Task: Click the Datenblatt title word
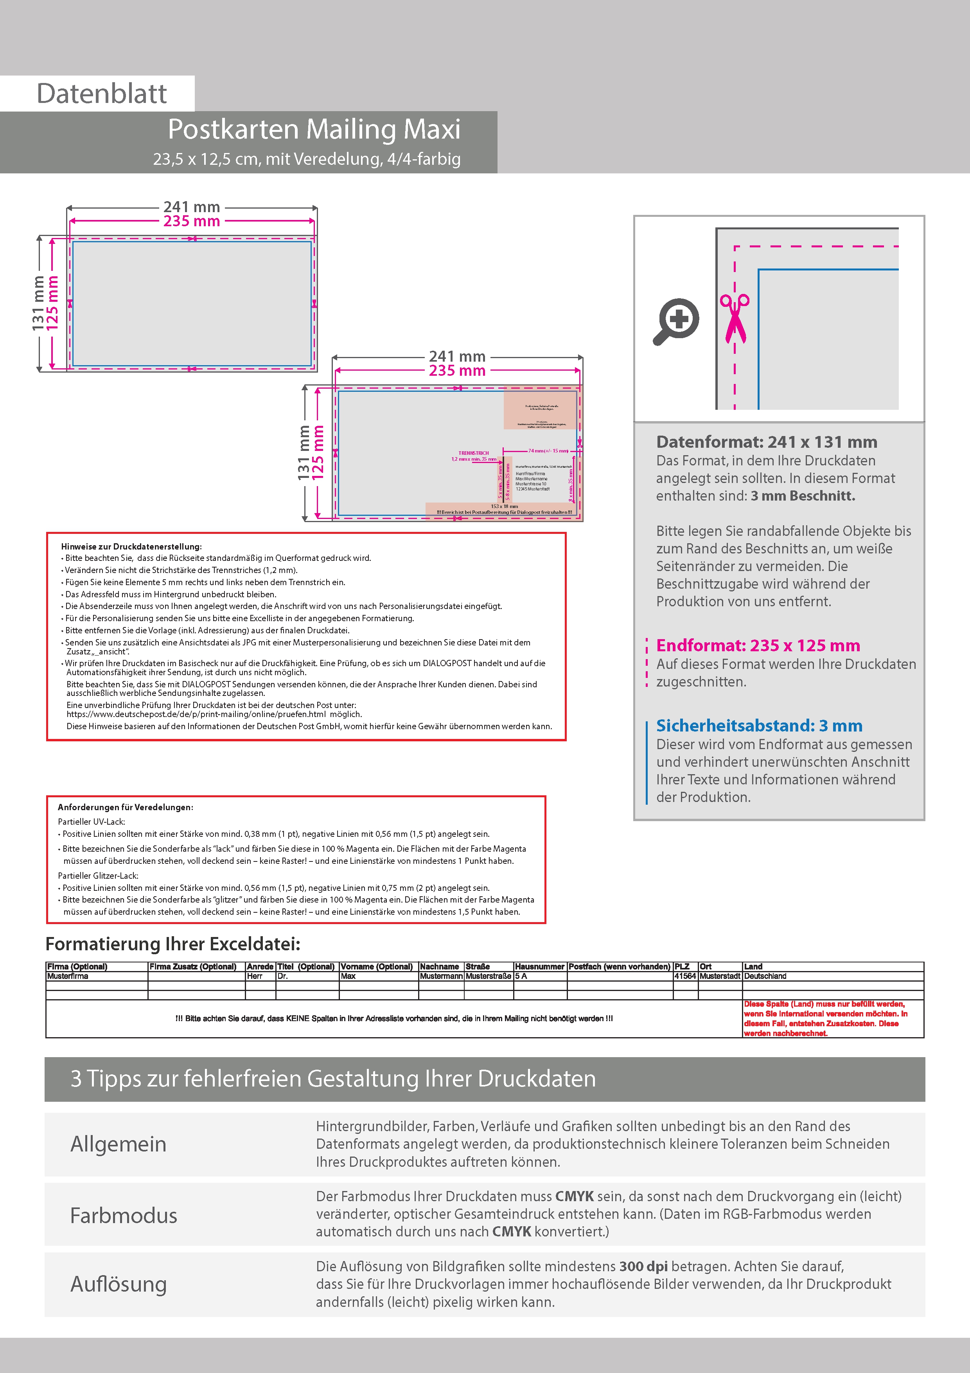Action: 102,94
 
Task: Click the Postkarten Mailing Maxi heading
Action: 314,129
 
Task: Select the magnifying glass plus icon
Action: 677,321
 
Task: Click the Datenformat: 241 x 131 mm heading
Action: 766,442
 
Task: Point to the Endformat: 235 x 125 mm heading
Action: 758,645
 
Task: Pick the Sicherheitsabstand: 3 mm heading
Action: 759,725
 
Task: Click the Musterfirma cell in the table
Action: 68,976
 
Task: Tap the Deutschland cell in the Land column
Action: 765,976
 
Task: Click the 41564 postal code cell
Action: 685,976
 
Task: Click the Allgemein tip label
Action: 119,1144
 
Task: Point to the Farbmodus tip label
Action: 124,1216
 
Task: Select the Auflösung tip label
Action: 119,1284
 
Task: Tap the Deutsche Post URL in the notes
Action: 196,714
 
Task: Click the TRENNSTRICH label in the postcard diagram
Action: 473,453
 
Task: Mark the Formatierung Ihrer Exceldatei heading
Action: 173,944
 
